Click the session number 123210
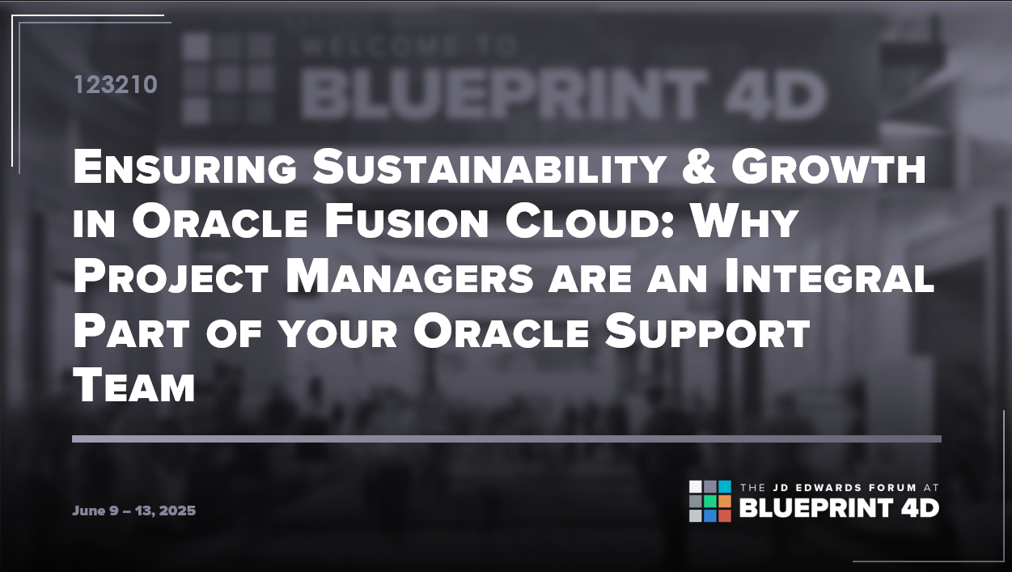(x=116, y=85)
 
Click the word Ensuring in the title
(x=185, y=167)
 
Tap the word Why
(x=744, y=222)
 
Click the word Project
(x=171, y=277)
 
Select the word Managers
(x=410, y=277)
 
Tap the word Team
(x=134, y=386)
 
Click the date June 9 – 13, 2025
(x=134, y=511)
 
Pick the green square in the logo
(x=710, y=501)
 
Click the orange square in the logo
(x=725, y=501)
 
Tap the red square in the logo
(x=725, y=516)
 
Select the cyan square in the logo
(x=725, y=486)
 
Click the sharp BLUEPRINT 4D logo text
(x=839, y=508)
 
